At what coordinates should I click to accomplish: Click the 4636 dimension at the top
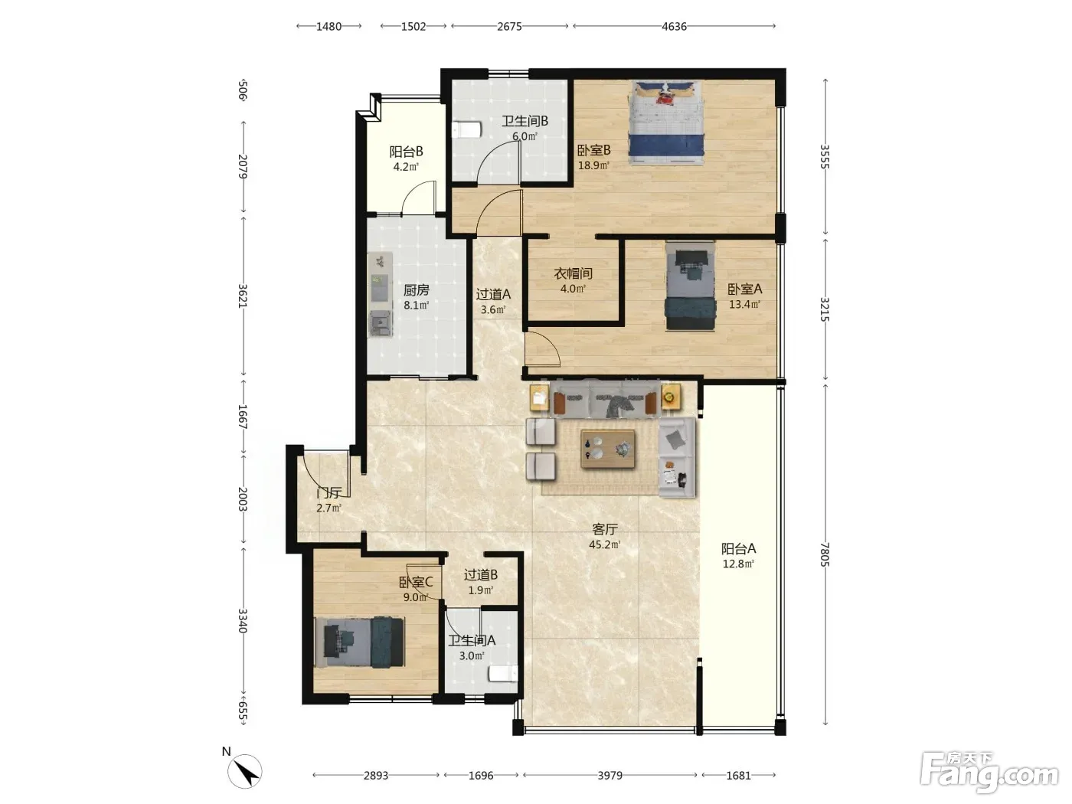click(x=674, y=26)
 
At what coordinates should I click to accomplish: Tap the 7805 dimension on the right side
click(x=825, y=554)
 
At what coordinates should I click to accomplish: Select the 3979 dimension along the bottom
click(x=610, y=775)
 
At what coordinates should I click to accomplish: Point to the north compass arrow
click(x=245, y=771)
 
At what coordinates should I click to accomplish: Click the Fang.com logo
click(x=989, y=773)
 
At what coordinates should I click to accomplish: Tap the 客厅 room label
click(x=605, y=529)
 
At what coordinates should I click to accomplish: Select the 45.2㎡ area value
click(x=605, y=544)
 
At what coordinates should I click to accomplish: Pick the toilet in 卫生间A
click(x=503, y=674)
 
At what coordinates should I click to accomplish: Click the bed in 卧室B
click(x=667, y=123)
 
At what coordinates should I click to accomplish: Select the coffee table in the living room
click(x=607, y=449)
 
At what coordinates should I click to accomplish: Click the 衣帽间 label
click(x=573, y=273)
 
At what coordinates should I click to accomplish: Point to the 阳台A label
click(x=738, y=549)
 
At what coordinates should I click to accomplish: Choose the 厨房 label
click(x=416, y=290)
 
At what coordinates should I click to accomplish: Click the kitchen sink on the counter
click(x=381, y=322)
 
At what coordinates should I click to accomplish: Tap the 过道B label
click(x=481, y=575)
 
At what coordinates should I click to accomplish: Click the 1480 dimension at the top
click(x=328, y=26)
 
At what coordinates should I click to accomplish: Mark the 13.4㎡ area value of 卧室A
click(x=745, y=305)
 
